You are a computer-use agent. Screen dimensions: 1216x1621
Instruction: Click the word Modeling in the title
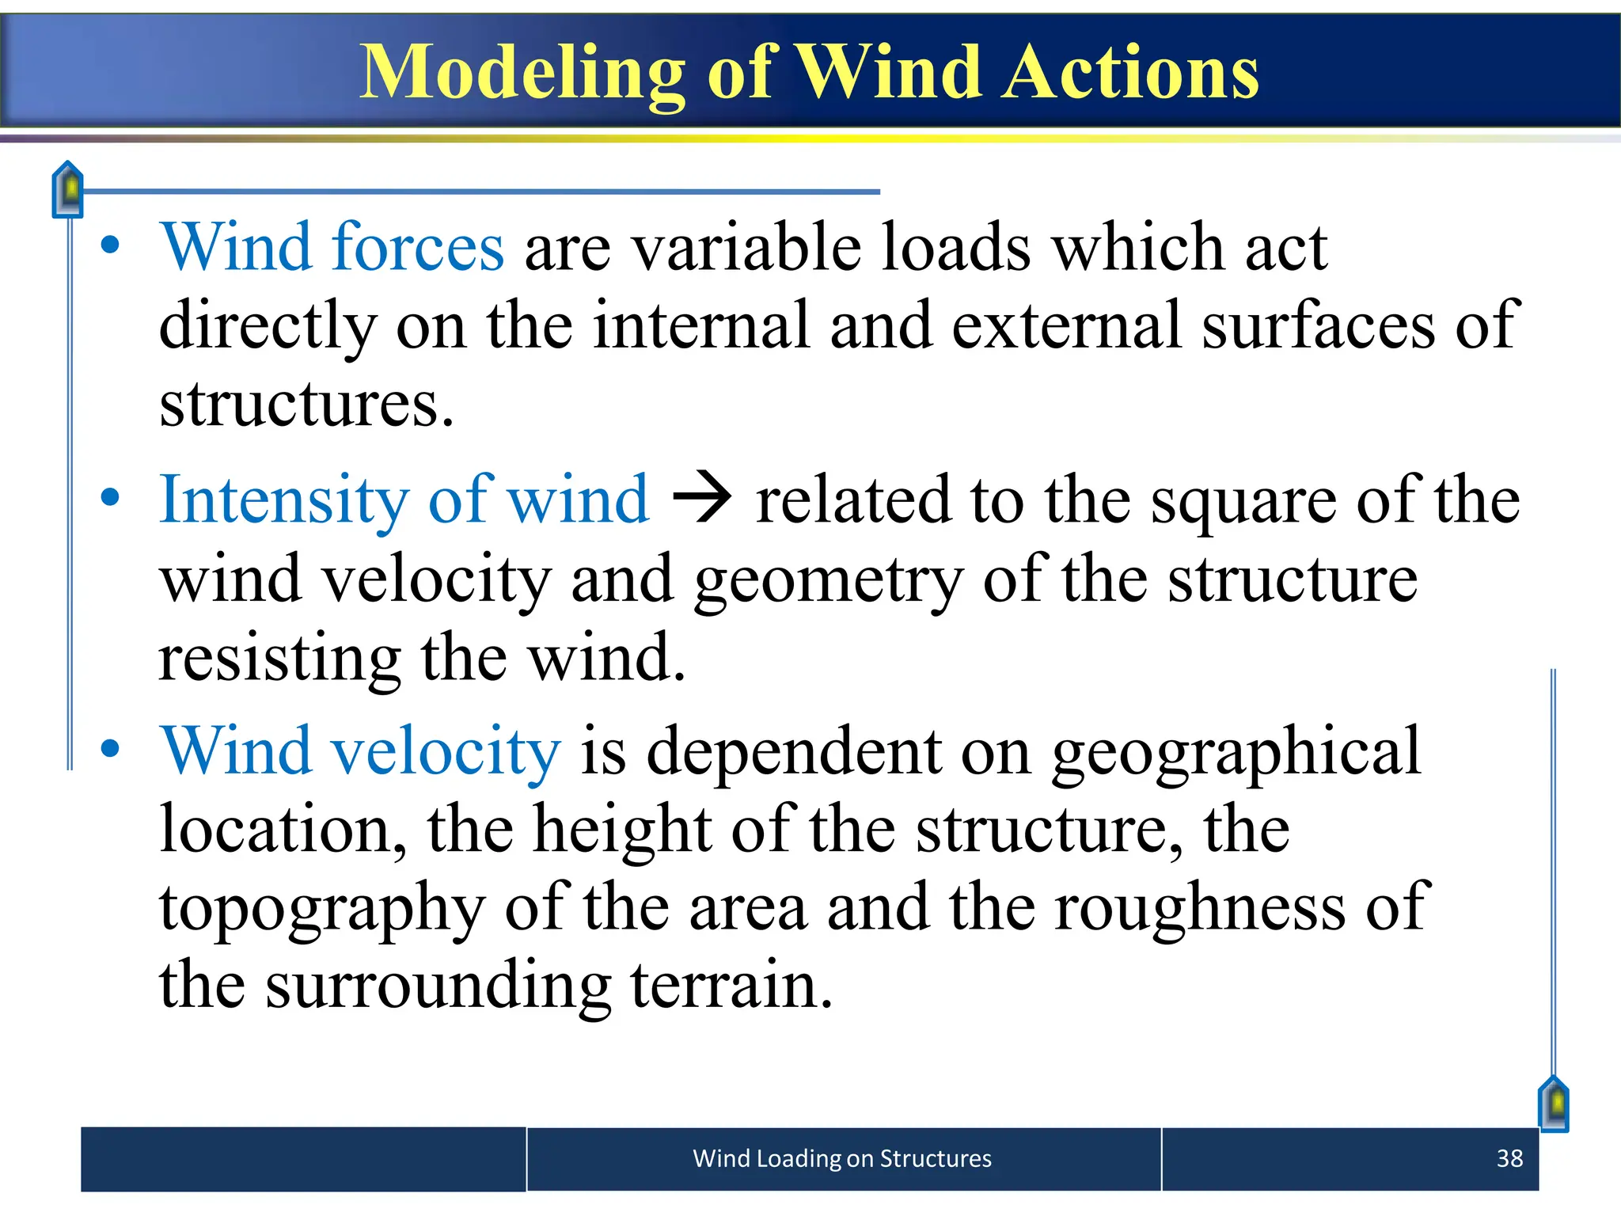pyautogui.click(x=522, y=73)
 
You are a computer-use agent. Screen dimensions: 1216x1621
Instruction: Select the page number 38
pyautogui.click(x=1509, y=1158)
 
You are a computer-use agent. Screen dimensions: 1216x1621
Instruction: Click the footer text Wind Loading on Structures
pyautogui.click(x=841, y=1158)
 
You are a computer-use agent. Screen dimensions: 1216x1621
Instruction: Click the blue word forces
pyautogui.click(x=418, y=247)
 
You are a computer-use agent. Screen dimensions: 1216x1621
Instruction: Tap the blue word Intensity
pyautogui.click(x=283, y=500)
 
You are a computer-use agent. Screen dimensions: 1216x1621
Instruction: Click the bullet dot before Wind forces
pyautogui.click(x=110, y=245)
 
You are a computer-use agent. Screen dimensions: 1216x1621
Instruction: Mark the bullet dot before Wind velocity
pyautogui.click(x=110, y=748)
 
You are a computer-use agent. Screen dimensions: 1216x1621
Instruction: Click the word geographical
pyautogui.click(x=1236, y=752)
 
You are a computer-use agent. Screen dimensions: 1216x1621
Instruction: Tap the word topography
pyautogui.click(x=321, y=909)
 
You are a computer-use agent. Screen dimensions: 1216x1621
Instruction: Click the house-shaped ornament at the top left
pyautogui.click(x=68, y=189)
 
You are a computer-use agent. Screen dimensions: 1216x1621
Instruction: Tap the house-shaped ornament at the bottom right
pyautogui.click(x=1554, y=1104)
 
